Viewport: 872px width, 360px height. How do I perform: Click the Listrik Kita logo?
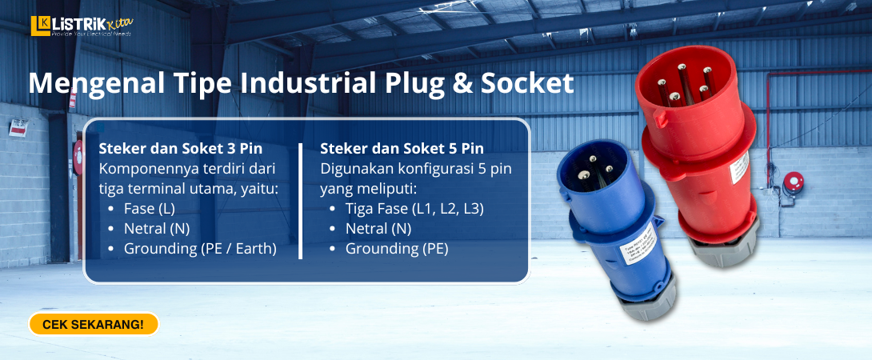coord(81,26)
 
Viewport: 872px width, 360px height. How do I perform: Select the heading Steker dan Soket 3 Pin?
coord(180,149)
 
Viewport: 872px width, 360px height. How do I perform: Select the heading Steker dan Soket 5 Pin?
coord(402,149)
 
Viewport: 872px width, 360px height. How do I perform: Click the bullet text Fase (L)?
coord(149,209)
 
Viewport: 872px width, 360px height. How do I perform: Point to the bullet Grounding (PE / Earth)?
coord(200,249)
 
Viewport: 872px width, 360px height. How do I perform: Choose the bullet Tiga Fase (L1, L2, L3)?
coord(414,209)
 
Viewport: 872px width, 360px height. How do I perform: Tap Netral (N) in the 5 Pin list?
coord(378,229)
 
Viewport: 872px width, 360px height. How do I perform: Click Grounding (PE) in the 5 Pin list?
coord(397,249)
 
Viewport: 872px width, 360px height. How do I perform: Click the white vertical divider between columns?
coord(300,201)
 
